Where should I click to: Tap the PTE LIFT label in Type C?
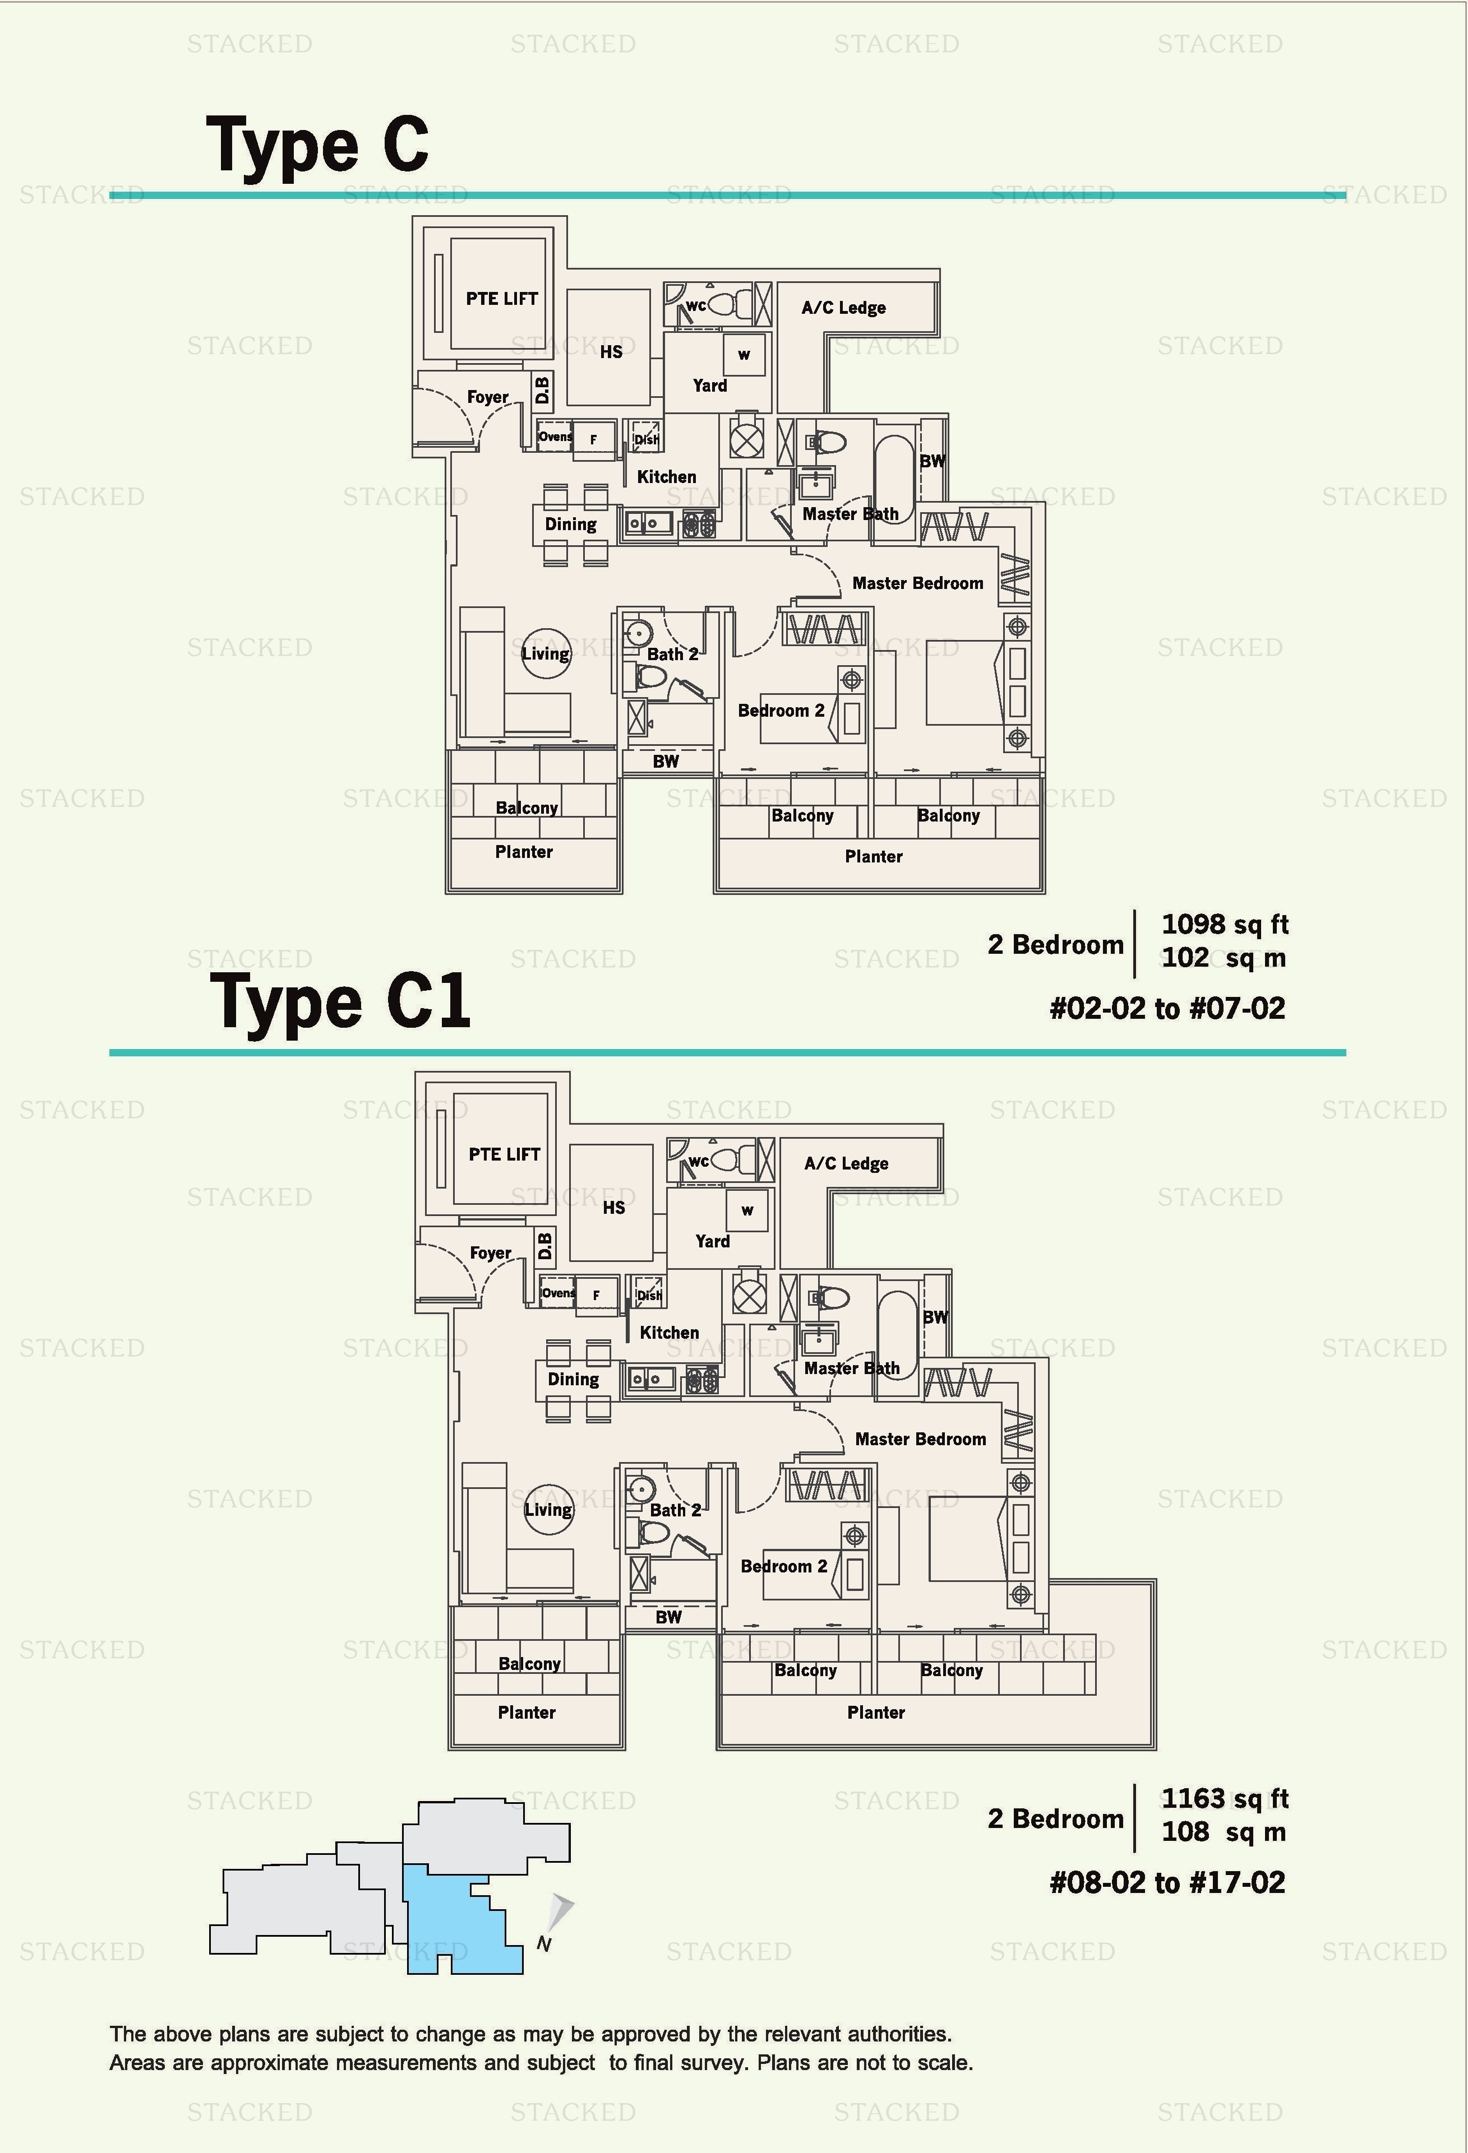pyautogui.click(x=501, y=298)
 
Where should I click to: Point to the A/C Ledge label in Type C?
pyautogui.click(x=843, y=308)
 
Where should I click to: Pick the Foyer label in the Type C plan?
pyautogui.click(x=487, y=397)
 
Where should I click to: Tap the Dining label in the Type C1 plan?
pyautogui.click(x=573, y=1380)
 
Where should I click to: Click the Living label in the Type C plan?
pyautogui.click(x=545, y=653)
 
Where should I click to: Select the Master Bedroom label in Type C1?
pyautogui.click(x=920, y=1439)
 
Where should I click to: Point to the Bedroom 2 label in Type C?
pyautogui.click(x=781, y=711)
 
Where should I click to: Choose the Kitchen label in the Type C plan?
pyautogui.click(x=666, y=477)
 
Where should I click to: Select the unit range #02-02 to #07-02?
pyautogui.click(x=1167, y=1008)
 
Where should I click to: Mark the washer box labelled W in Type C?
pyautogui.click(x=744, y=355)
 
